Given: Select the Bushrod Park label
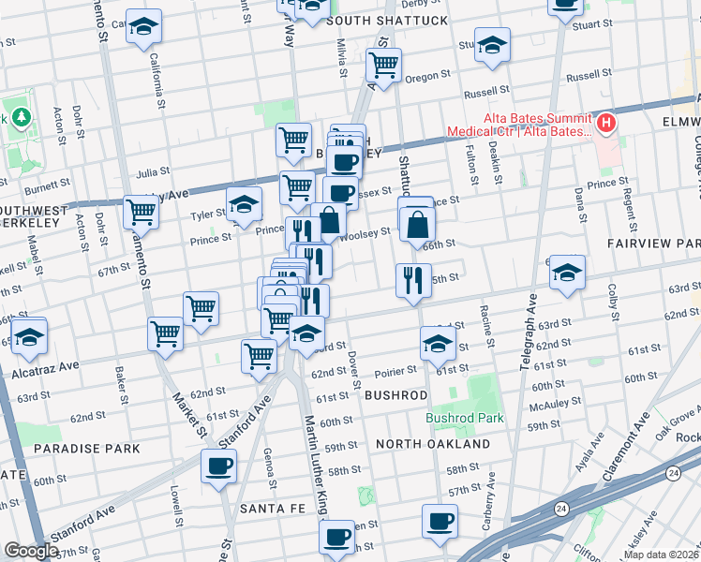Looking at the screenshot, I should [x=465, y=418].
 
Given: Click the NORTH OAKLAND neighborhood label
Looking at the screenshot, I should [x=433, y=443].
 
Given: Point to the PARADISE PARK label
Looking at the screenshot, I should [x=86, y=449].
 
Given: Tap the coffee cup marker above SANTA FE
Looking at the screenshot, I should [x=218, y=466].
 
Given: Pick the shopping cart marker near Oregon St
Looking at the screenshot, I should [x=383, y=65].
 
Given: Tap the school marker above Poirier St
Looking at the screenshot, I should [x=437, y=344].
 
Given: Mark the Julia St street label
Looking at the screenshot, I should [x=152, y=172].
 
